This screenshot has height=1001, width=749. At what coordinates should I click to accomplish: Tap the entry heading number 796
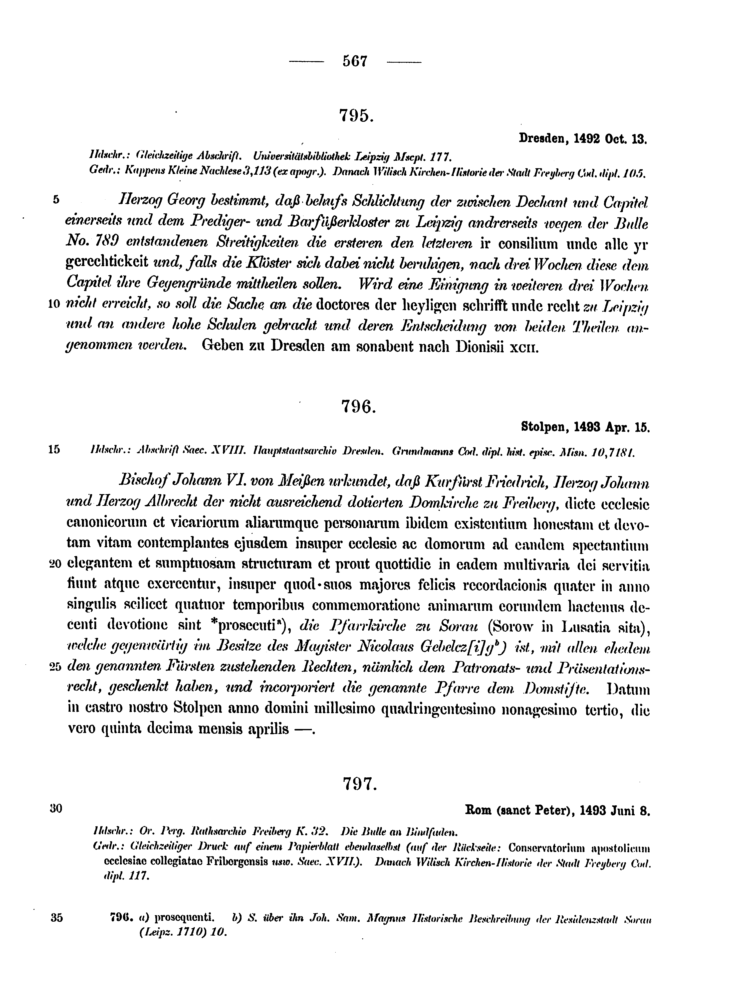tap(358, 407)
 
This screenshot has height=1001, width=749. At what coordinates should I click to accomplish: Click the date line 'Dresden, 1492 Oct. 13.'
tap(583, 139)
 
